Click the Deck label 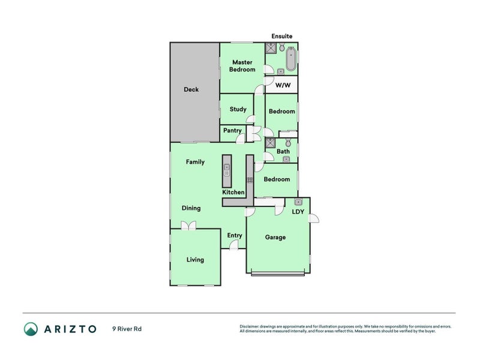coord(191,89)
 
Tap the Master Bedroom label coord(242,65)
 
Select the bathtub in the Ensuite coord(291,59)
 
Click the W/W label coord(282,85)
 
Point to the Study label coord(238,109)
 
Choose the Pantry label coord(232,130)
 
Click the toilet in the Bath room coord(288,143)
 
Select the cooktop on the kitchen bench coord(250,179)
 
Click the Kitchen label coord(233,192)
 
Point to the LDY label coord(298,212)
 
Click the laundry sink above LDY coord(298,202)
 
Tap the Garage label coord(275,237)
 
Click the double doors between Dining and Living coord(188,226)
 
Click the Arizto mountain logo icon coord(31,329)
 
